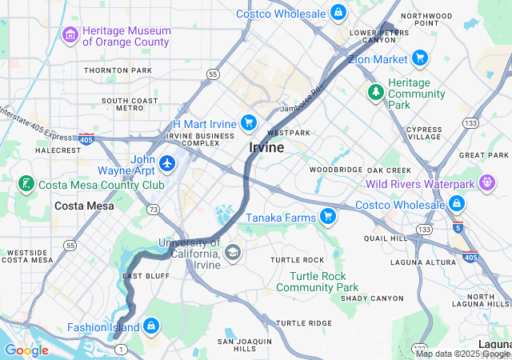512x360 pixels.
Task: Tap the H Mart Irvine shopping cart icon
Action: tap(249, 122)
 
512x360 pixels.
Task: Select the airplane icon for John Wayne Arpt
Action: tap(167, 163)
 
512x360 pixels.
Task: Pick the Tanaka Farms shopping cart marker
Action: tap(327, 216)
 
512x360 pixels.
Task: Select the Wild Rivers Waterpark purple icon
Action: tap(486, 183)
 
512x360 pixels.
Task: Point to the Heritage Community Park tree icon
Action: tap(375, 93)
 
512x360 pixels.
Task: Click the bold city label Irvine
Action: tap(266, 148)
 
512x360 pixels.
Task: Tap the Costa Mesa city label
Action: tap(83, 206)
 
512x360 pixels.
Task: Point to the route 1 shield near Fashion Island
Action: tap(117, 349)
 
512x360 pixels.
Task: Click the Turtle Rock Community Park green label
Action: tap(318, 282)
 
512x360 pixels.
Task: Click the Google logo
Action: tap(26, 350)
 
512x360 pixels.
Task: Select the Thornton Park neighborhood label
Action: tap(118, 70)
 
